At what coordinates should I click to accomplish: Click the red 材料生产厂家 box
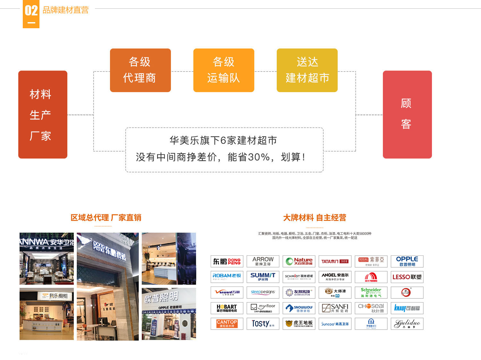[43, 115]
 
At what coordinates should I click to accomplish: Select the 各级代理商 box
[140, 70]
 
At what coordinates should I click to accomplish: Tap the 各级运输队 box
[224, 70]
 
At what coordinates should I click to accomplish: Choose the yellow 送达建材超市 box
[307, 70]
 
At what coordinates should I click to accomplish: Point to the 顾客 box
[407, 115]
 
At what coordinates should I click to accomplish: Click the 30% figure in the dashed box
[258, 157]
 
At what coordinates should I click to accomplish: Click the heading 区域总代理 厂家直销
[106, 218]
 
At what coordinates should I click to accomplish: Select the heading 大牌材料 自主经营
[315, 218]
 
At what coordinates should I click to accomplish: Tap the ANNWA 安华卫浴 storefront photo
[46, 258]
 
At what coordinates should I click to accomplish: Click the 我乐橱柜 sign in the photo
[58, 296]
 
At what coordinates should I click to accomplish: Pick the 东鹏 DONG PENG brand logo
[227, 261]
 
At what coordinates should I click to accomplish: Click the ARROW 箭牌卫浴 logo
[263, 261]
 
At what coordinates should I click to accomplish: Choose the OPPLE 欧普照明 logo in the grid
[407, 261]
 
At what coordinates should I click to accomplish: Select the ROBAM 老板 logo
[227, 277]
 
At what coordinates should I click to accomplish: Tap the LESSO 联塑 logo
[407, 277]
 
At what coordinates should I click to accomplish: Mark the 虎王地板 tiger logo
[299, 324]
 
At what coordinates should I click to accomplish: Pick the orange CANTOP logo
[227, 324]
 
